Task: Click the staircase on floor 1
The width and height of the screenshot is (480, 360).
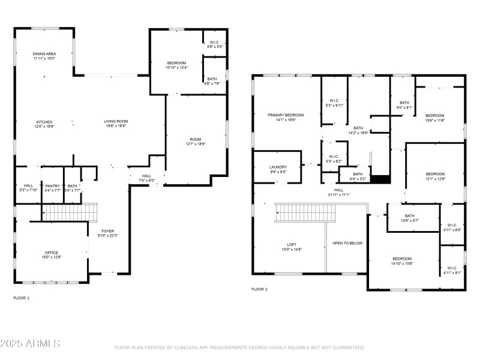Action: point(69,212)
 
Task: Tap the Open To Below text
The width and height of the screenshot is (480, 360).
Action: point(347,243)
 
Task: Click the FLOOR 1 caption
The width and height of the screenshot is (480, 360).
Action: point(21,298)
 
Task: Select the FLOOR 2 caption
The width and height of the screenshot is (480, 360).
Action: point(259,289)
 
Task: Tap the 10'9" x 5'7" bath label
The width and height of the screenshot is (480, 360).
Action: point(409,218)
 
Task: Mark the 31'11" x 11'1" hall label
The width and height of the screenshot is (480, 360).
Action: point(339,192)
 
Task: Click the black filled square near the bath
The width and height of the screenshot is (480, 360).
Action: point(381,179)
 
